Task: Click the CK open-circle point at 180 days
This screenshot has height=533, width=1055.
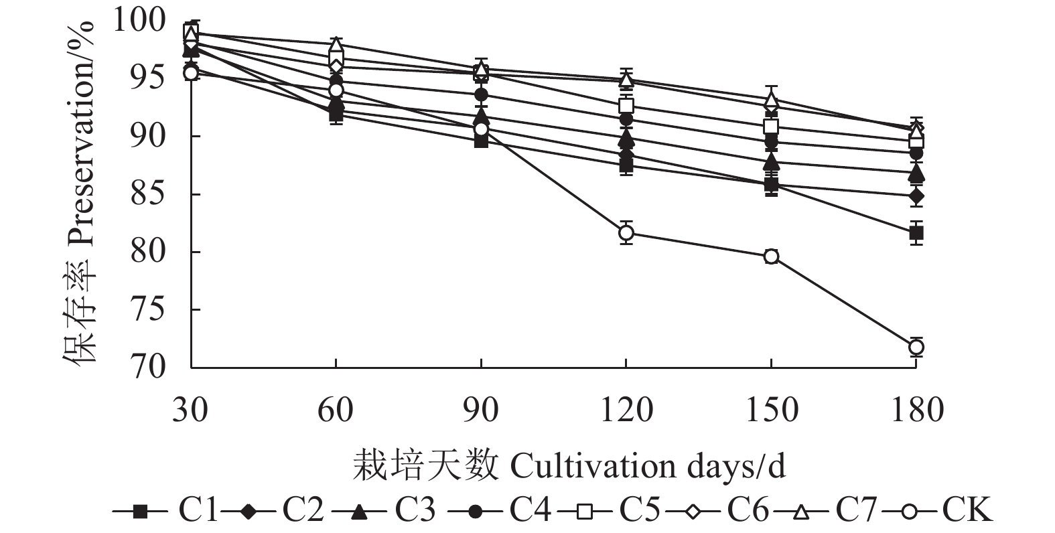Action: pos(916,347)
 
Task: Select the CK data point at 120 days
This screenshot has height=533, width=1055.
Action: pos(626,233)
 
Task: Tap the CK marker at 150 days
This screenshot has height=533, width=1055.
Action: pos(771,256)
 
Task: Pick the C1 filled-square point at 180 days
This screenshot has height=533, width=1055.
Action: pos(916,233)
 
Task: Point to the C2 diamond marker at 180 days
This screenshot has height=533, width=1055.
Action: pos(916,196)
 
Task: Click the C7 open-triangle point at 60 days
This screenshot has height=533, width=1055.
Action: pos(336,46)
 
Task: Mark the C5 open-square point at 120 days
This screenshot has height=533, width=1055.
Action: pos(626,106)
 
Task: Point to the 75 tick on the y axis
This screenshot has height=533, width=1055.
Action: pos(149,310)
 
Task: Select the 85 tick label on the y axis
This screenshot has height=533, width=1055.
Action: pos(149,195)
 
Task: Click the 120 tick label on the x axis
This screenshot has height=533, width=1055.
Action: pos(626,410)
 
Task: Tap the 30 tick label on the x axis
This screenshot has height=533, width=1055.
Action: pos(190,410)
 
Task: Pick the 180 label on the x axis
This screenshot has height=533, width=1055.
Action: pos(916,410)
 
